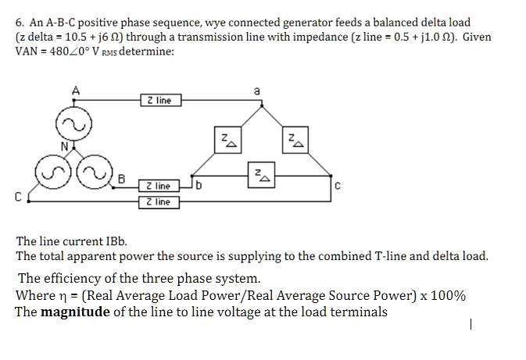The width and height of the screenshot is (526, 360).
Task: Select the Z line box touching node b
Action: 159,186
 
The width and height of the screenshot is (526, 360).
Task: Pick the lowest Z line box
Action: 159,202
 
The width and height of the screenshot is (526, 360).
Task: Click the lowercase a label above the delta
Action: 256,91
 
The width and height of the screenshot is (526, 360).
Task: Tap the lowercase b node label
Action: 199,186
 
